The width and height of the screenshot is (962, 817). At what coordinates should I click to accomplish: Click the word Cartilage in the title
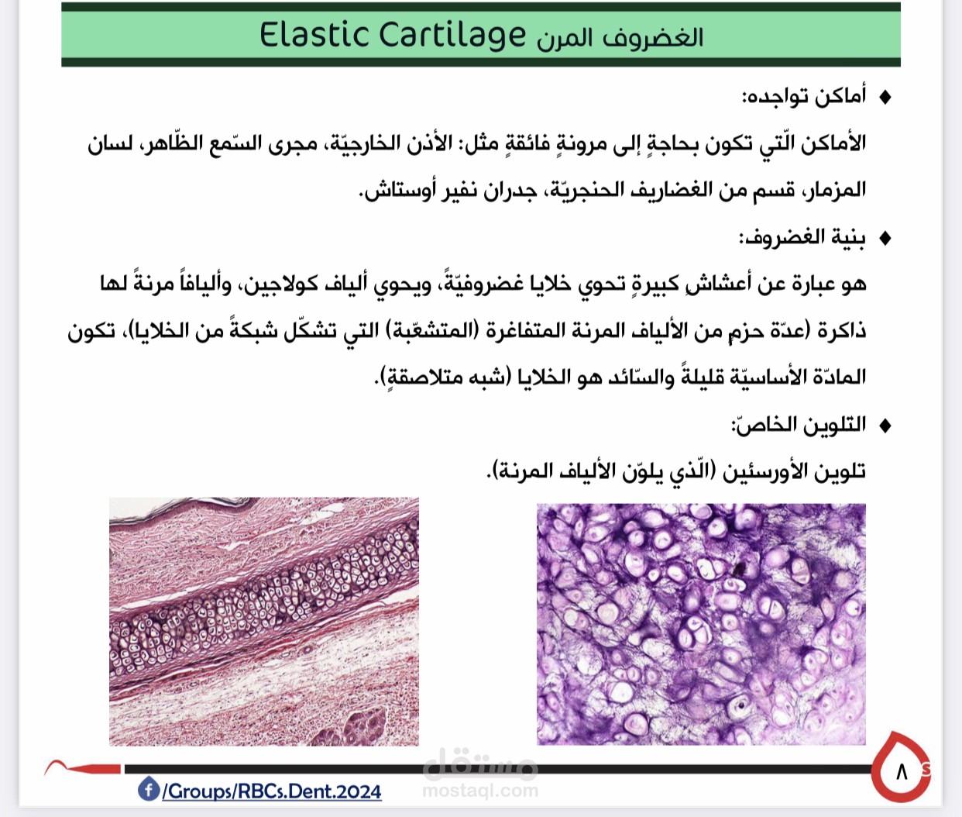(452, 36)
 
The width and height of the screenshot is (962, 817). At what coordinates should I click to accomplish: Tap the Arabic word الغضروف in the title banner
(653, 37)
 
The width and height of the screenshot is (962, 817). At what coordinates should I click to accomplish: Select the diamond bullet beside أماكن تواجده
(885, 97)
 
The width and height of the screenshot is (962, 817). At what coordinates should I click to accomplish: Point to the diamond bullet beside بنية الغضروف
(885, 238)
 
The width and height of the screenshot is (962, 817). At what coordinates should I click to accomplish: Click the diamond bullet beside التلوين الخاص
(885, 425)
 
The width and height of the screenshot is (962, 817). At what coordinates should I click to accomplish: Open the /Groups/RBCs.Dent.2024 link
(272, 791)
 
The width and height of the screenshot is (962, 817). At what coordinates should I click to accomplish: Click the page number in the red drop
(902, 772)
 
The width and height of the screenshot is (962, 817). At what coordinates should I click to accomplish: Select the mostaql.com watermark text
(480, 790)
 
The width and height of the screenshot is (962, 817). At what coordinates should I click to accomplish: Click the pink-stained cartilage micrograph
(264, 622)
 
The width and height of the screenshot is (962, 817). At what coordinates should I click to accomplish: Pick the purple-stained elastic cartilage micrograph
(701, 624)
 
